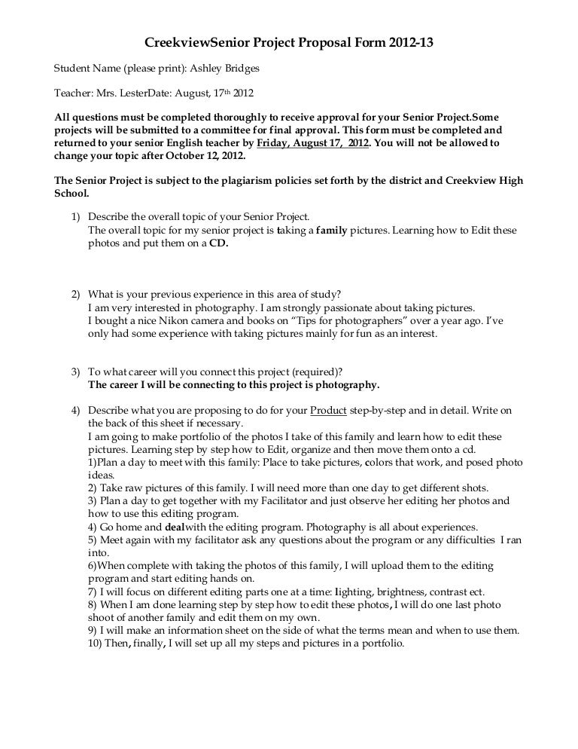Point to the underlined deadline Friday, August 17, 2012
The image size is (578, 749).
click(x=313, y=142)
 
